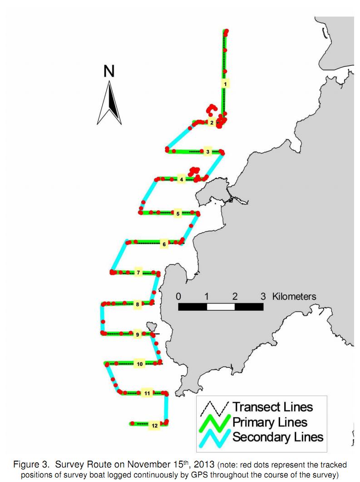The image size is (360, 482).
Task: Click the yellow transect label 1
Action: pyautogui.click(x=225, y=84)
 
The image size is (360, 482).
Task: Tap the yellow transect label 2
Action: pyautogui.click(x=212, y=123)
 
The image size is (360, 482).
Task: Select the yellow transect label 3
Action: pyautogui.click(x=207, y=152)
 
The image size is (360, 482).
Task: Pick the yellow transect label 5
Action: pyautogui.click(x=178, y=214)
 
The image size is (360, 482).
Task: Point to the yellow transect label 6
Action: pyautogui.click(x=164, y=244)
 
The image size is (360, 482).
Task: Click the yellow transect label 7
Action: pyautogui.click(x=138, y=273)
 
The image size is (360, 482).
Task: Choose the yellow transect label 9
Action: pyautogui.click(x=137, y=334)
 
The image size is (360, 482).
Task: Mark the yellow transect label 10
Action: pyautogui.click(x=140, y=364)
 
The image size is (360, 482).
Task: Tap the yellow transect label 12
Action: pyautogui.click(x=154, y=425)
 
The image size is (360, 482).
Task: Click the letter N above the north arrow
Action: pyautogui.click(x=109, y=71)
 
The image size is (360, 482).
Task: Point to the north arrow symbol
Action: pyautogui.click(x=109, y=103)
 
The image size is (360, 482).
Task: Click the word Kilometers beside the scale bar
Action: pyautogui.click(x=294, y=296)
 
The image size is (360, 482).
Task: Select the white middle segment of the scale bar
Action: pyautogui.click(x=221, y=307)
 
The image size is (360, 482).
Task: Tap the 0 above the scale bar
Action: pyautogui.click(x=178, y=297)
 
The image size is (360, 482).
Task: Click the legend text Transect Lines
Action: pyautogui.click(x=273, y=407)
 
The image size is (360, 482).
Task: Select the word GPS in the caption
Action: pyautogui.click(x=198, y=474)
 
